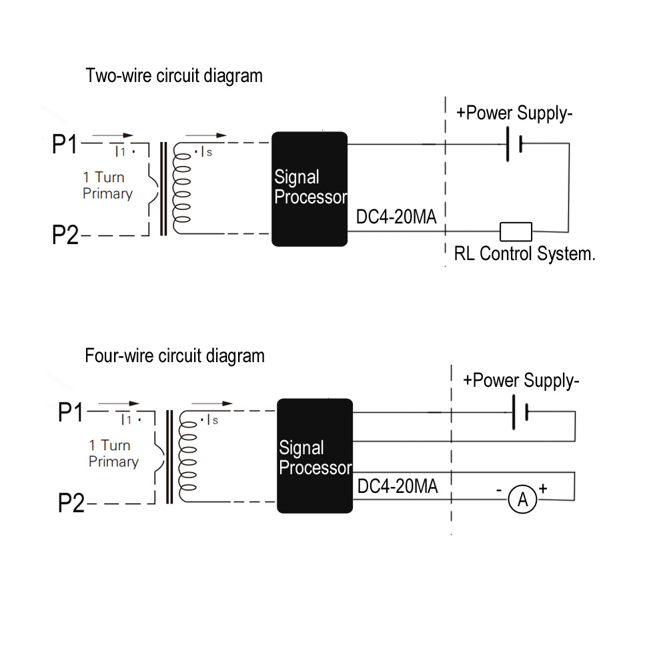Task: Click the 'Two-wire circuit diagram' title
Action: point(174,76)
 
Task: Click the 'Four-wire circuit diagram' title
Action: point(175,356)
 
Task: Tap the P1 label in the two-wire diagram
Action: point(65,145)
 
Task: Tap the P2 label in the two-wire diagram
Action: point(65,235)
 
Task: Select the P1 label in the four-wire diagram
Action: point(71,413)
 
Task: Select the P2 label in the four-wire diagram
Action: point(71,504)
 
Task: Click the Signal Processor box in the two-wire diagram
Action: point(309,189)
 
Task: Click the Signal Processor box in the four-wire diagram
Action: point(315,456)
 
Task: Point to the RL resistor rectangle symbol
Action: point(516,231)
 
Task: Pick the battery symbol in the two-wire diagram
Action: point(513,144)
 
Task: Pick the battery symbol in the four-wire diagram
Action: point(520,413)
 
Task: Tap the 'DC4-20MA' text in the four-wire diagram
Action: point(398,487)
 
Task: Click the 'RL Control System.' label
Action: point(524,254)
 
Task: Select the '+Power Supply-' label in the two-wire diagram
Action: point(514,113)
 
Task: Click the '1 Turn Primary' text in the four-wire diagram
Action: point(113,454)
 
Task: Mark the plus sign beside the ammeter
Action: point(543,489)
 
